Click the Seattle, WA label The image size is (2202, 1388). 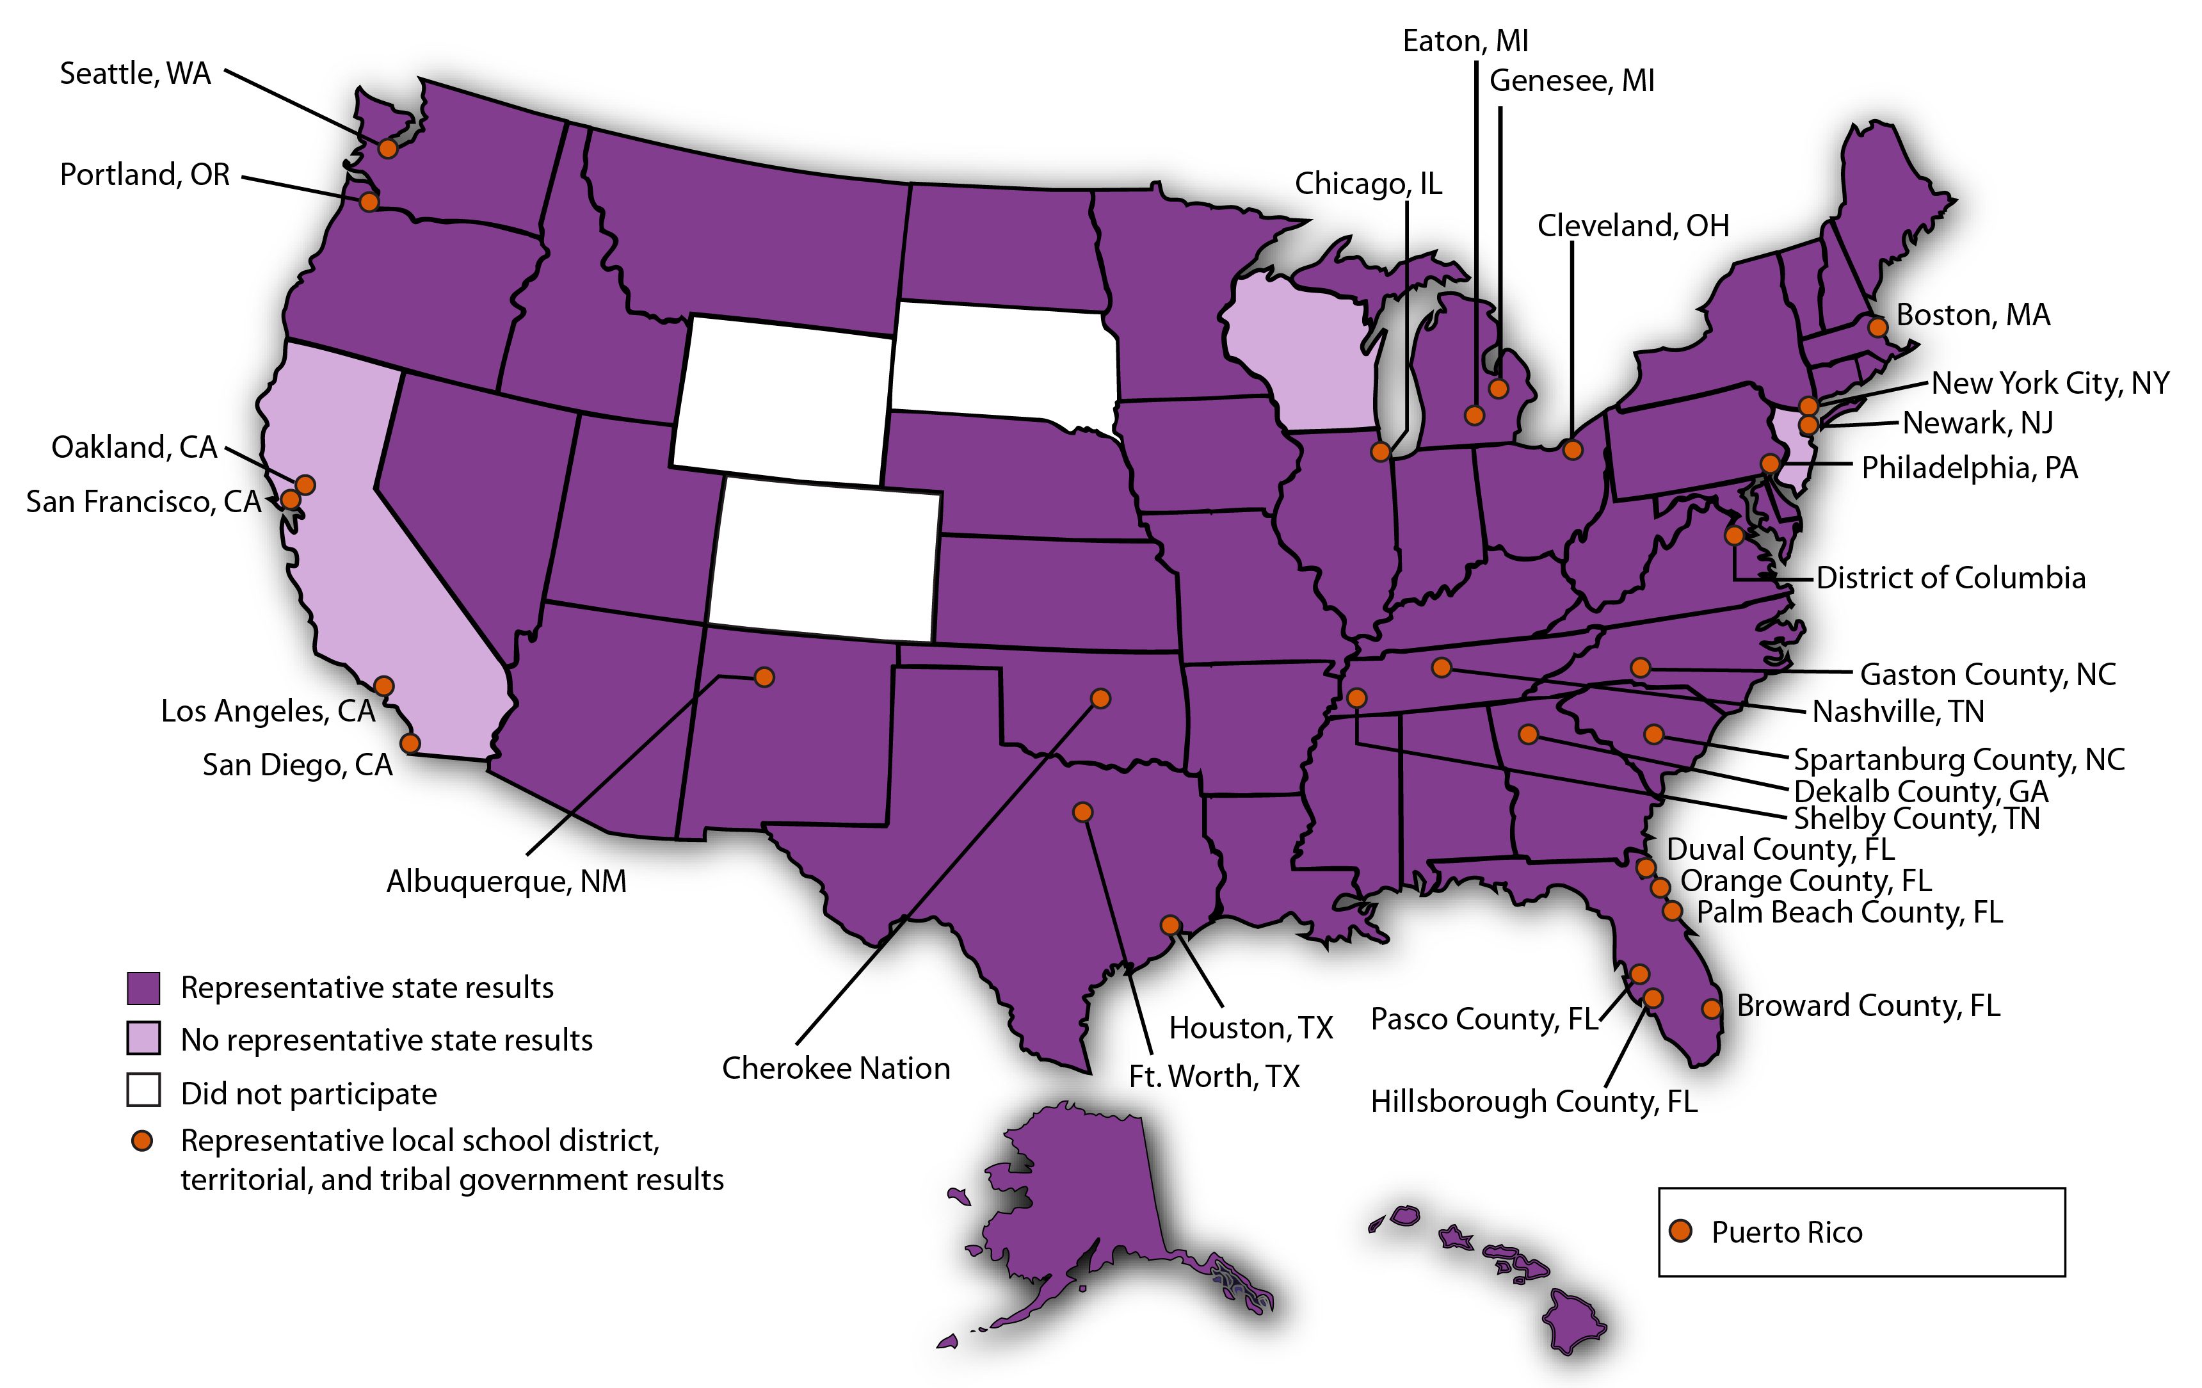[135, 73]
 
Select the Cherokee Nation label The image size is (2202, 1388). [836, 1068]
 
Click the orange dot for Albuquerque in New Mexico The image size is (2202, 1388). [764, 677]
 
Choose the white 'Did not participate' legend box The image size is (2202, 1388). [143, 1092]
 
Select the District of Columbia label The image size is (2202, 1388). [1950, 578]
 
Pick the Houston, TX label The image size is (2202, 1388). [1251, 1028]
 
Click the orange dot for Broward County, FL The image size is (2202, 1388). [1711, 1008]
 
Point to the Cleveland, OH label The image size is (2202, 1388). [1633, 226]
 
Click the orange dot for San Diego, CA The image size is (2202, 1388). [410, 743]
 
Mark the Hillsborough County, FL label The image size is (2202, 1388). [1534, 1101]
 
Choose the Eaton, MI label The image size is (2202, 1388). [1465, 41]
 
